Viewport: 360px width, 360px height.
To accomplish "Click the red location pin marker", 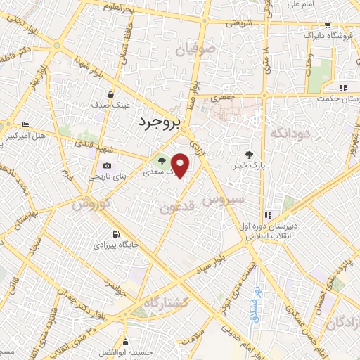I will coord(181,166).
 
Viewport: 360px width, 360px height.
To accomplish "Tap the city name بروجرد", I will coord(157,124).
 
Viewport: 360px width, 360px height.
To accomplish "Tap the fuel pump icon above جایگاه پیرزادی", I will coord(115,233).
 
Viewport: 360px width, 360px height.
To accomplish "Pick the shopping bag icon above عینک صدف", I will coord(110,94).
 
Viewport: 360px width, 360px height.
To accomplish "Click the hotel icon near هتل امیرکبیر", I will coord(26,124).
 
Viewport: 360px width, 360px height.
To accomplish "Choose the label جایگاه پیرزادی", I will coord(116,245).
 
